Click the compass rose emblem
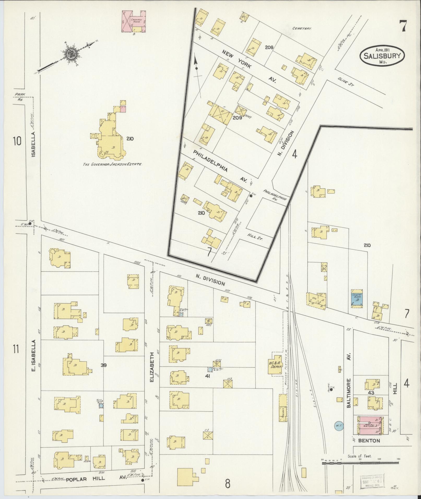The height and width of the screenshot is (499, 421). click(71, 55)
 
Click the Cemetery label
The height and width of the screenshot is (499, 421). click(302, 29)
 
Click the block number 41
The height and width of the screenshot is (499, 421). click(208, 376)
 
